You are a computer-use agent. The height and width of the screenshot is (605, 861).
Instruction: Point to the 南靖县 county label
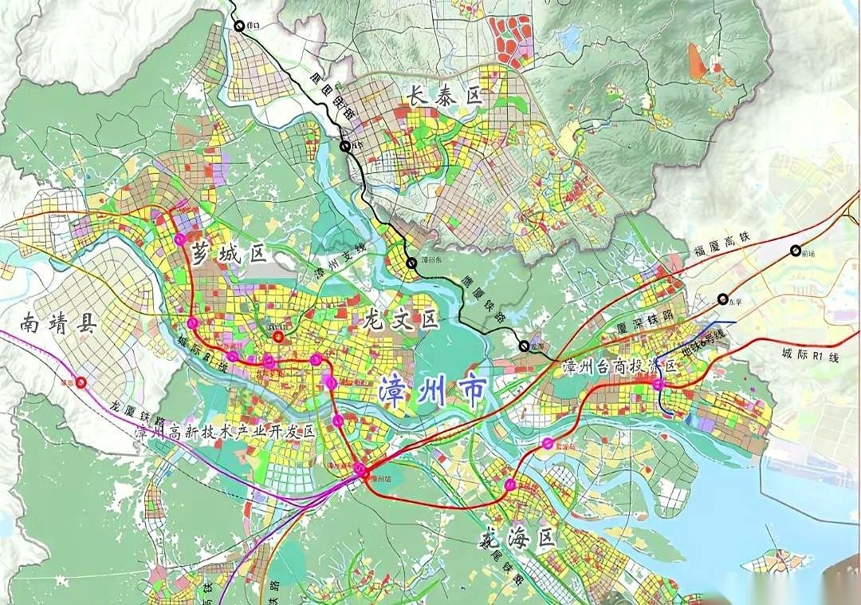(x=58, y=324)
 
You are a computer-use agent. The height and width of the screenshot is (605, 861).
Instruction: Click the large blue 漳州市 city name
(x=433, y=389)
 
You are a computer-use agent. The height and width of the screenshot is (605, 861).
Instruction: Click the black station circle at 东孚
(x=723, y=299)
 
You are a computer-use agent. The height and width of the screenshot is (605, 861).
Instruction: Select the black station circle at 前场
(x=796, y=251)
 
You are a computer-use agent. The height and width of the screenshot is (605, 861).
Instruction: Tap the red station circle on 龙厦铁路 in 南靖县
(x=81, y=382)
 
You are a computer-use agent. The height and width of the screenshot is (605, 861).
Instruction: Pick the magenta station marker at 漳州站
(x=361, y=469)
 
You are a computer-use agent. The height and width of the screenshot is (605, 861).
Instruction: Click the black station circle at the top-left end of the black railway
(x=240, y=26)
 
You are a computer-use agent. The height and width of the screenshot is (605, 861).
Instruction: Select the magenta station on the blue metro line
(x=659, y=385)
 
